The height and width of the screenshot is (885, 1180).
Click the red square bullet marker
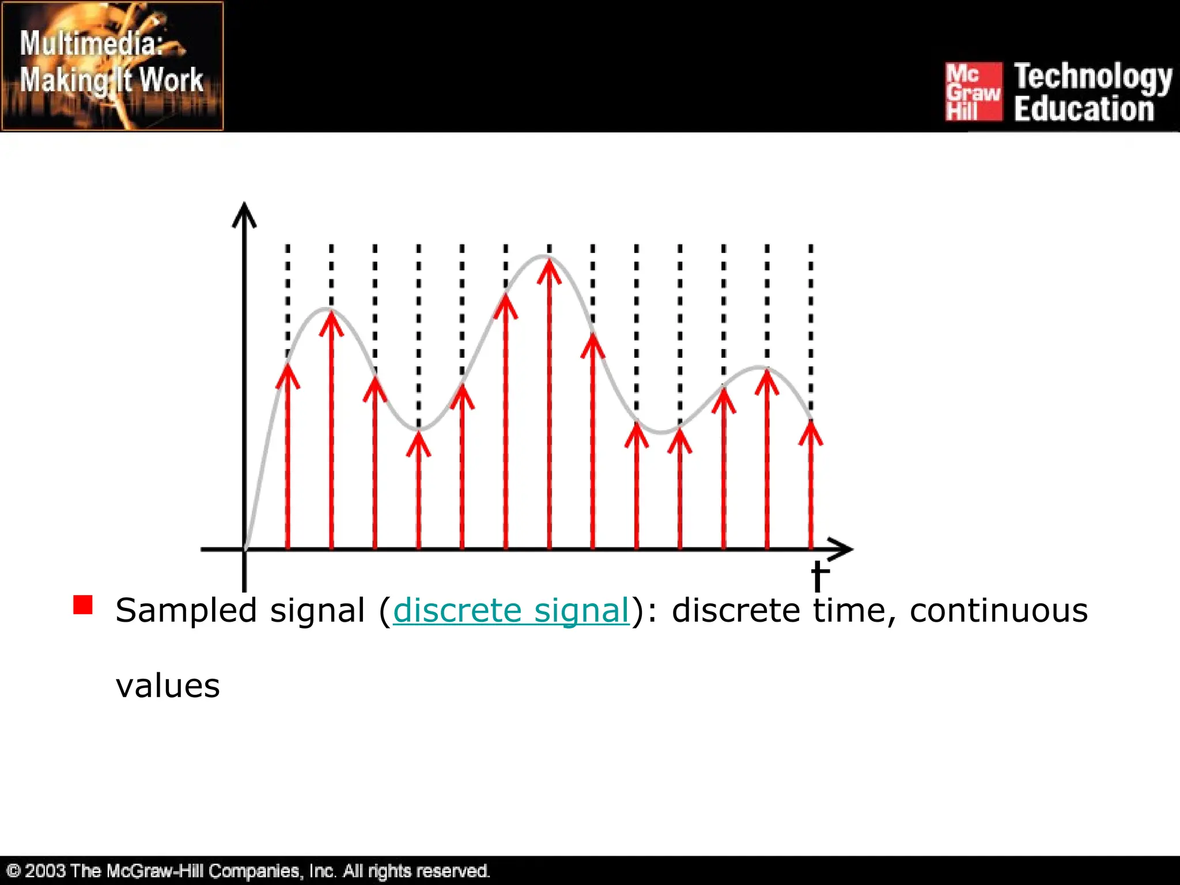click(x=83, y=605)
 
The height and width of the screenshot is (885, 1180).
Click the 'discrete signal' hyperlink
click(x=511, y=610)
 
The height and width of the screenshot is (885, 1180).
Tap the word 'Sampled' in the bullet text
click(x=186, y=610)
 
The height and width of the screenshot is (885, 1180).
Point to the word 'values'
click(x=168, y=686)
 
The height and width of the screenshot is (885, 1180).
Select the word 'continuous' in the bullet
click(x=999, y=610)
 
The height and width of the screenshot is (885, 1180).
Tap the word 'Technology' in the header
click(x=1093, y=77)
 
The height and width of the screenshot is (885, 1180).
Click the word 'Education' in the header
click(x=1084, y=109)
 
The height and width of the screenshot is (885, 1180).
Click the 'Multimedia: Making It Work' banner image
click(x=112, y=66)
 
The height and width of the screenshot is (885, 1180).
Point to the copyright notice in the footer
click(x=248, y=871)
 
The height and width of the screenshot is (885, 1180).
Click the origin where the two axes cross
click(x=245, y=549)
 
